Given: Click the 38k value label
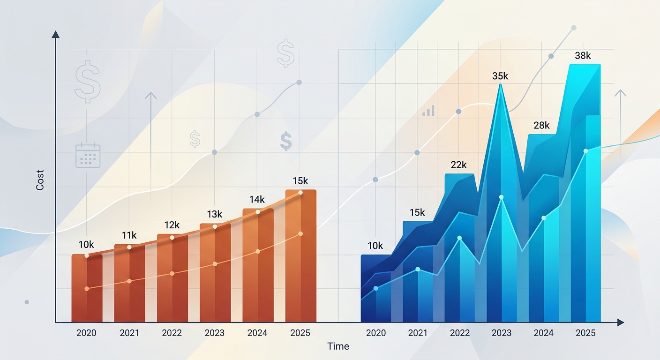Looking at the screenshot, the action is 583,55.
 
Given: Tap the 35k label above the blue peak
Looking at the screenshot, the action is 500,76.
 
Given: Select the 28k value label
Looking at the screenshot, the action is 541,126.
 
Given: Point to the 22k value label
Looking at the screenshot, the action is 458,165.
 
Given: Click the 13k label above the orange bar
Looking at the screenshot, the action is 214,214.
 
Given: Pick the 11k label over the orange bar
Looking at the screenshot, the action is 129,235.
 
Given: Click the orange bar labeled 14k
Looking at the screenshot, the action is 258,265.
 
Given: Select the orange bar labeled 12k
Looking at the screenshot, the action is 172,278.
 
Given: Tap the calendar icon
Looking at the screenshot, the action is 88,155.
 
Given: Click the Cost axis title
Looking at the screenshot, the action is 40,180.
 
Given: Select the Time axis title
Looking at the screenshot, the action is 338,346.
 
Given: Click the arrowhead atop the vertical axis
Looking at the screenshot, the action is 55,34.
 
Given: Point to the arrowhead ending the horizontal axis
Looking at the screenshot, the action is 621,322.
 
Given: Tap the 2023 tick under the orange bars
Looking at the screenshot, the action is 215,333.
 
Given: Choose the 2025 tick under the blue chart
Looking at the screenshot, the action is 585,333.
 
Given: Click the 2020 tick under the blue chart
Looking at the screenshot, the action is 375,333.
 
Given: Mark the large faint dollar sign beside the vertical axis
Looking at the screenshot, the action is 88,82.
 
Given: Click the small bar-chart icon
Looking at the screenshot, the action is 428,111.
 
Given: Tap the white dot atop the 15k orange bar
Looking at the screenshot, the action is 300,193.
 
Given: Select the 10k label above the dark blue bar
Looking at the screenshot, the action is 375,246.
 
